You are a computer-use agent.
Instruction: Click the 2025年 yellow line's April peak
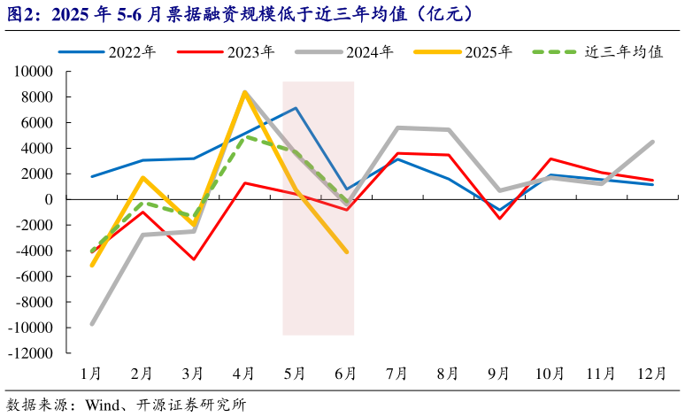tap(244, 92)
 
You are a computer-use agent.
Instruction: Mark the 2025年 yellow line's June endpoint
tap(346, 252)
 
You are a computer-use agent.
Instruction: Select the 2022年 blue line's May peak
tap(296, 108)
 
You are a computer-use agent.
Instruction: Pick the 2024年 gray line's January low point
tap(92, 324)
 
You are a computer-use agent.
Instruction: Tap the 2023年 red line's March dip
tap(194, 259)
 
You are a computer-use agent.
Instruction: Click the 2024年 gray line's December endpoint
tap(652, 142)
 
